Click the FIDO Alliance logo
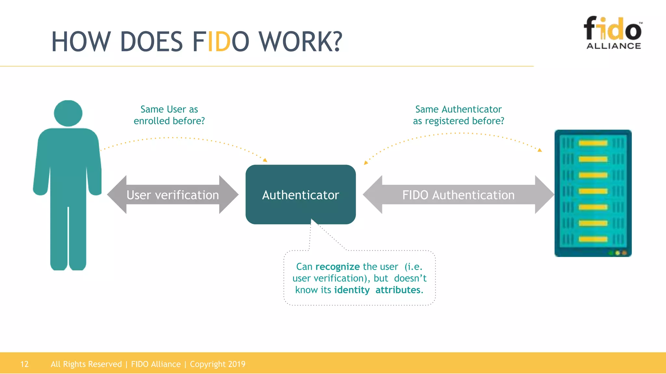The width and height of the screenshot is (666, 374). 613,32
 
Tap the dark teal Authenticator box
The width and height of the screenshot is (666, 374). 300,194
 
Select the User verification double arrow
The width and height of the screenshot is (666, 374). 173,195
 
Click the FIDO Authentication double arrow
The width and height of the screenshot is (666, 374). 458,195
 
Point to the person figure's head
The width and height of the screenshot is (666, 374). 68,113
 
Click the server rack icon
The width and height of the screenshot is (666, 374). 593,193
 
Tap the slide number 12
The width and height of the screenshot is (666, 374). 24,364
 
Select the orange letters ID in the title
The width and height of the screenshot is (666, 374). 219,42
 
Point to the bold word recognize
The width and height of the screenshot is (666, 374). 338,267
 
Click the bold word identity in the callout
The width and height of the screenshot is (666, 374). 352,290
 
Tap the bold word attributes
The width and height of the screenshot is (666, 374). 398,290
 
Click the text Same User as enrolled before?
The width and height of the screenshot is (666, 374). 169,115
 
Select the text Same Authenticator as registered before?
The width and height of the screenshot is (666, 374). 459,115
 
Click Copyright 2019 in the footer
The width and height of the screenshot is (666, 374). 218,364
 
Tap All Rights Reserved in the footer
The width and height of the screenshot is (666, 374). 86,364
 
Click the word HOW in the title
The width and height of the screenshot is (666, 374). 81,42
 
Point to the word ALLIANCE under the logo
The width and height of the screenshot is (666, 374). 614,46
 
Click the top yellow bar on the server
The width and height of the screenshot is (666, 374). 593,143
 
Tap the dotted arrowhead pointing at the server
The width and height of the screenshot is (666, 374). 540,150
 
